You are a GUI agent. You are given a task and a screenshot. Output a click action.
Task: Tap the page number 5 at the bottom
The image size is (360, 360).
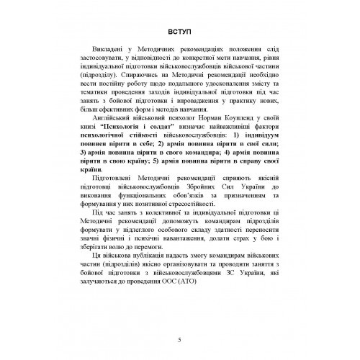point(179,341)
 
